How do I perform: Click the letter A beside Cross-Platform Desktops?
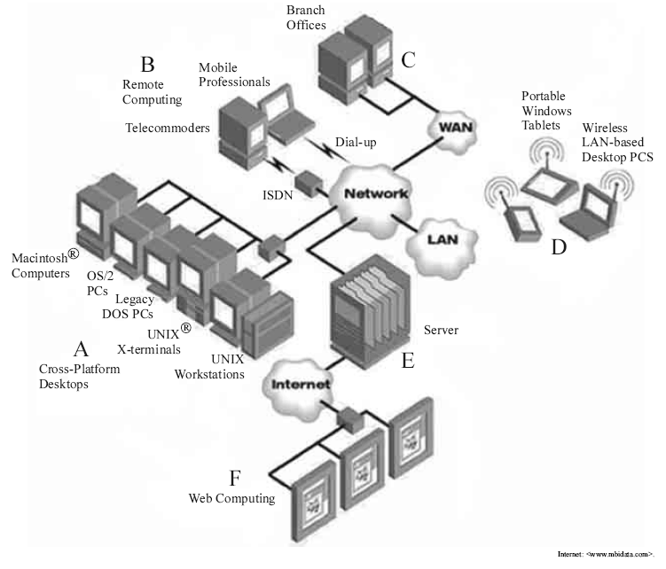[81, 347]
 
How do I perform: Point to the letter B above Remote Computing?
[148, 65]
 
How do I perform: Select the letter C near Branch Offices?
[409, 60]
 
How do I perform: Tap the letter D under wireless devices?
[559, 246]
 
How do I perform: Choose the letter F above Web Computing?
[234, 479]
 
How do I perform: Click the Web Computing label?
[232, 499]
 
